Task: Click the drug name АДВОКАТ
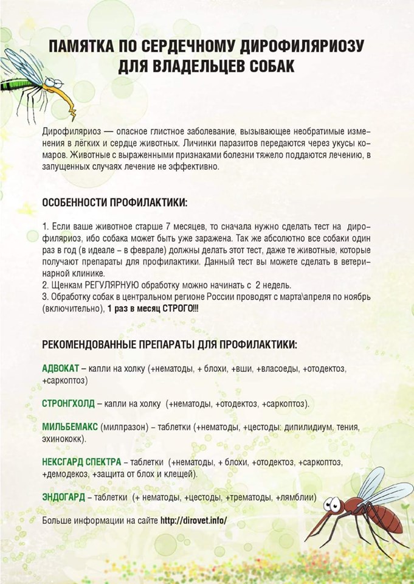[60, 369]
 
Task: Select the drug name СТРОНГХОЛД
[67, 403]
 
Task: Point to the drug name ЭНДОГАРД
[63, 497]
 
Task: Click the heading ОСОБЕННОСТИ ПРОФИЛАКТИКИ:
[115, 201]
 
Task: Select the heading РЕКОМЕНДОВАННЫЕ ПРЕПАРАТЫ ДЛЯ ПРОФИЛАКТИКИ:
[170, 344]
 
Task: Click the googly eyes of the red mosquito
[333, 503]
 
